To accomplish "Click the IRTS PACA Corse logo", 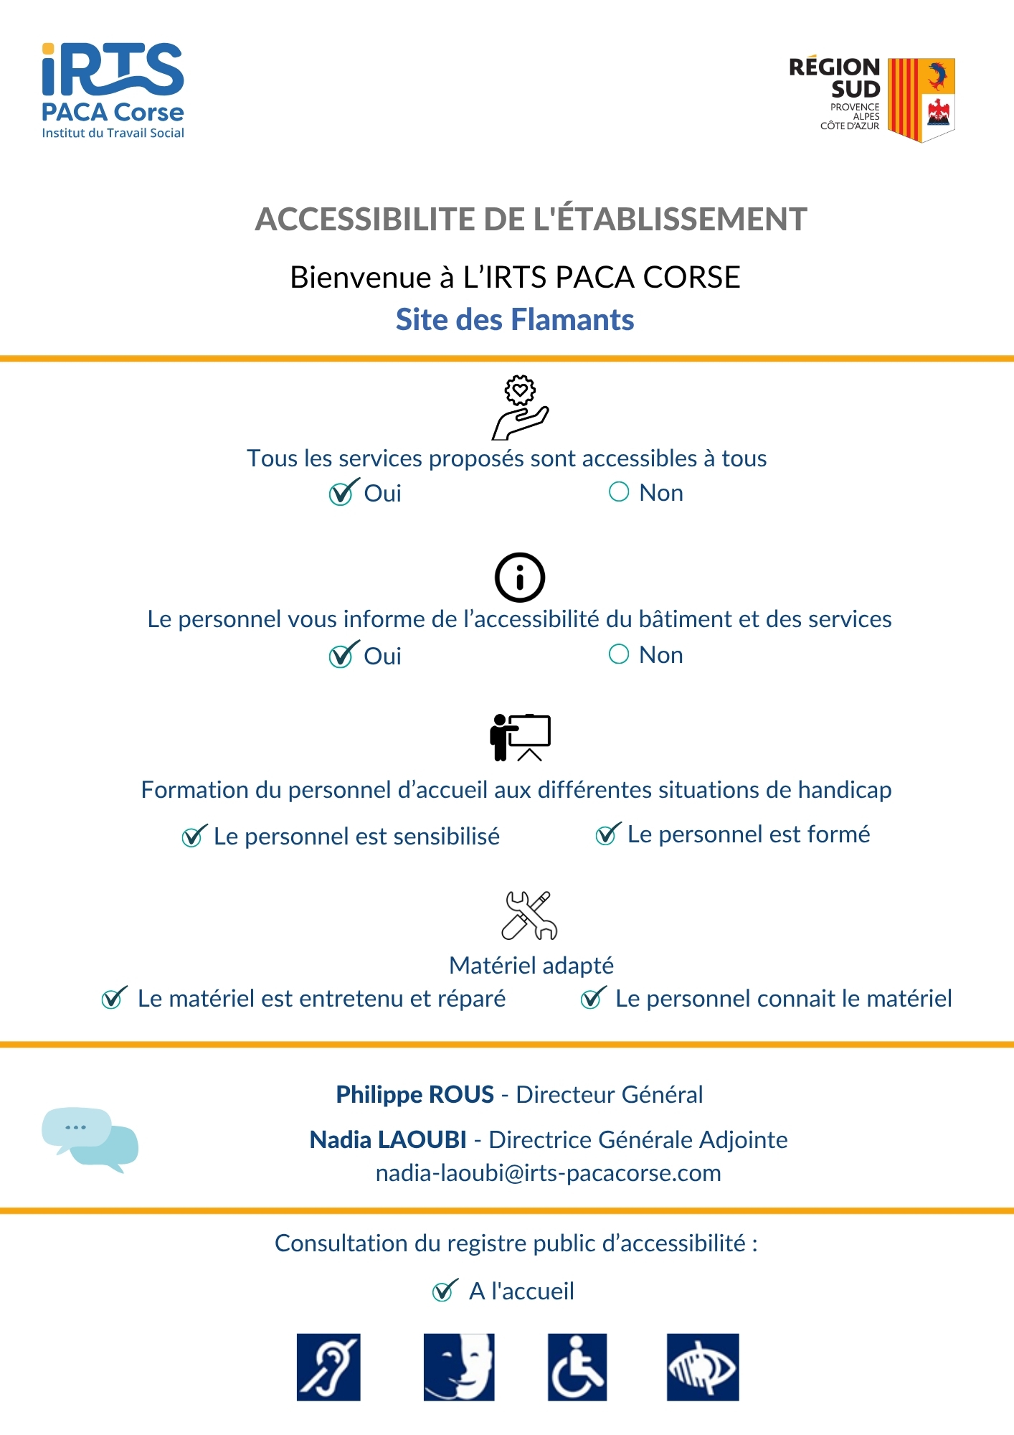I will pyautogui.click(x=113, y=90).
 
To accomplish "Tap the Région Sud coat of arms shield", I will pyautogui.click(x=921, y=100).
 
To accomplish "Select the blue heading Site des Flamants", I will pyautogui.click(x=515, y=320).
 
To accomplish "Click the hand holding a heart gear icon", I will pyautogui.click(x=520, y=407).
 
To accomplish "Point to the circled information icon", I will pyautogui.click(x=520, y=578).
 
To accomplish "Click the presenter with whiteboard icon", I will pyautogui.click(x=521, y=737).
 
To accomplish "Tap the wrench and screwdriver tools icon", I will pyautogui.click(x=529, y=916).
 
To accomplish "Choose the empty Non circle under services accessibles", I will pyautogui.click(x=619, y=491).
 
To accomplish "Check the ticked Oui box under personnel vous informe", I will pyautogui.click(x=341, y=655).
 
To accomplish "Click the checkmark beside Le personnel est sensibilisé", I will pyautogui.click(x=193, y=836).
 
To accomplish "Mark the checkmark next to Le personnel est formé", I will pyautogui.click(x=607, y=834).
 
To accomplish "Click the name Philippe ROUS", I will pyautogui.click(x=415, y=1094).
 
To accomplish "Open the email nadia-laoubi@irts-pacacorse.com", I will pyautogui.click(x=548, y=1173).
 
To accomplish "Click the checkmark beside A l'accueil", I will pyautogui.click(x=444, y=1291).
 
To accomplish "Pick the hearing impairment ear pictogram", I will pyautogui.click(x=328, y=1367).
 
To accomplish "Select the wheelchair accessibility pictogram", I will pyautogui.click(x=577, y=1367).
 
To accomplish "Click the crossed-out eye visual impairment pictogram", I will pyautogui.click(x=703, y=1367).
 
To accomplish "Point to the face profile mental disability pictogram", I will pyautogui.click(x=459, y=1367).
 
